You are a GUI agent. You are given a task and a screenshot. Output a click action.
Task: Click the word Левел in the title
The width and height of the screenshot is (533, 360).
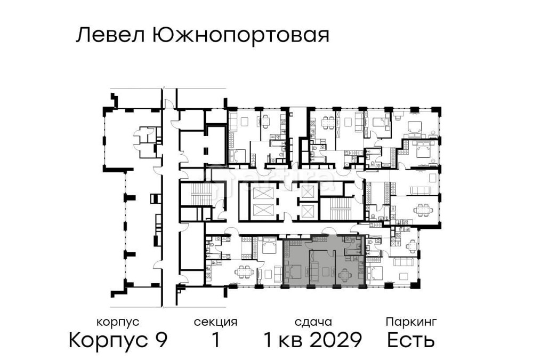click(110, 36)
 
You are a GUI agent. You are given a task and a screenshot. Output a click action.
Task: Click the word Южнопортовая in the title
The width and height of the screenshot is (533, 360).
click(240, 37)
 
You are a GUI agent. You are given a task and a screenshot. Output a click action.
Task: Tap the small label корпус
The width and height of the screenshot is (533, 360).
click(118, 322)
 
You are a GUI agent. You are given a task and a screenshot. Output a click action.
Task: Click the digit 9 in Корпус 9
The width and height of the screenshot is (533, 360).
click(160, 340)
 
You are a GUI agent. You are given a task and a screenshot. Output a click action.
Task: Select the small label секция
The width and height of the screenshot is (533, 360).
click(215, 322)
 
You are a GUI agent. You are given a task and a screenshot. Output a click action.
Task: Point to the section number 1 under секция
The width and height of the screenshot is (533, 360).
click(215, 340)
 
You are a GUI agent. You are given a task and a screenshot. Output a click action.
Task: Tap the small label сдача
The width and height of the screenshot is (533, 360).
click(313, 322)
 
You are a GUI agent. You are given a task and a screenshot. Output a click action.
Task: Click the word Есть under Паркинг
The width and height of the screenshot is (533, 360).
click(411, 340)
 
